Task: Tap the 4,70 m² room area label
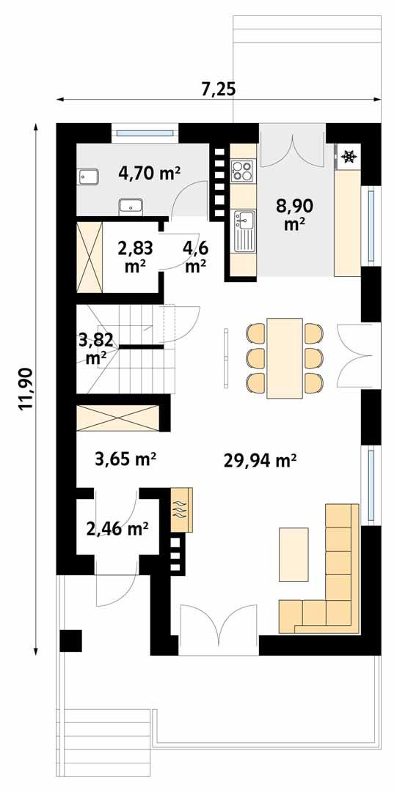pyautogui.click(x=150, y=174)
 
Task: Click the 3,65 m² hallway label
pyautogui.click(x=125, y=459)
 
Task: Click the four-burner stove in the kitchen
pyautogui.click(x=242, y=171)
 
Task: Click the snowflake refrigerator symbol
pyautogui.click(x=349, y=155)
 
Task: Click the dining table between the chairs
pyautogui.click(x=285, y=358)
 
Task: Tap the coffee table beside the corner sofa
pyautogui.click(x=294, y=552)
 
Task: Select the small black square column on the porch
pyautogui.click(x=71, y=640)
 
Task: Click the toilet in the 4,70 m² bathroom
pyautogui.click(x=89, y=177)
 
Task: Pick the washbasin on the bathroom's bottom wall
pyautogui.click(x=131, y=206)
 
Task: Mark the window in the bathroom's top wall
pyautogui.click(x=145, y=133)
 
